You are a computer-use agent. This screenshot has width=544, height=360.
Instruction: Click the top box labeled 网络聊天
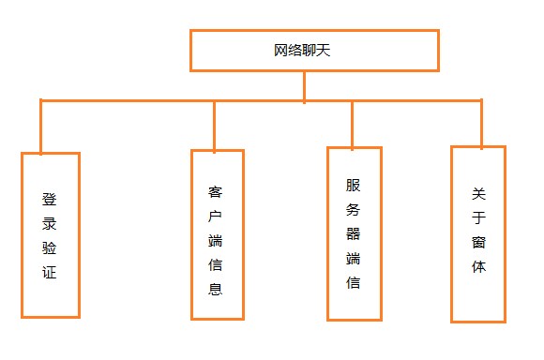[x=314, y=51]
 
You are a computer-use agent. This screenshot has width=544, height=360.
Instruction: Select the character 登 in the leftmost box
[x=50, y=200]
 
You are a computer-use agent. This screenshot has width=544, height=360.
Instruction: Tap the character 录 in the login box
[x=50, y=224]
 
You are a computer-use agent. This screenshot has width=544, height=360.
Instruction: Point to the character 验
[x=50, y=248]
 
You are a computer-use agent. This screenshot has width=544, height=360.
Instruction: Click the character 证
[x=50, y=273]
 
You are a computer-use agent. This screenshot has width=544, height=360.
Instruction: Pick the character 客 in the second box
[x=215, y=191]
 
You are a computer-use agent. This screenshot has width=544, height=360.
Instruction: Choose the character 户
[x=215, y=216]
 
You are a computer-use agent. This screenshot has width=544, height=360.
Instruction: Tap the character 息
[x=215, y=289]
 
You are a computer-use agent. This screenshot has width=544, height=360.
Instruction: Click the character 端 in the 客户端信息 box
[x=215, y=240]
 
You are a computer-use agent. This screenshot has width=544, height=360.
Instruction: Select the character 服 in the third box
[x=354, y=186]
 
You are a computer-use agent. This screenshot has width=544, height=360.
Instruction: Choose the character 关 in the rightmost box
[x=478, y=193]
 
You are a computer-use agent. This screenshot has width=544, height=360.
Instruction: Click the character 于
[x=478, y=217]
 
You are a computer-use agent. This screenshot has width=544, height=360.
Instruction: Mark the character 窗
[x=478, y=242]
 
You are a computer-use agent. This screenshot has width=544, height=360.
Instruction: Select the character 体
[x=478, y=266]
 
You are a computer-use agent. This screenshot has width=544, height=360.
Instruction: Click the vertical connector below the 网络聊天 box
[x=305, y=85]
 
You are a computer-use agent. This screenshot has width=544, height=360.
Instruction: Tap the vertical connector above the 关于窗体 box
[x=481, y=123]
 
